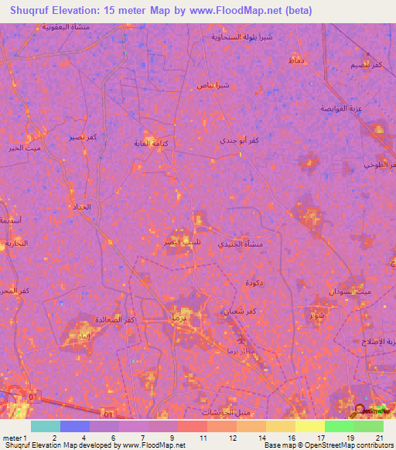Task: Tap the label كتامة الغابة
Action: tap(152, 143)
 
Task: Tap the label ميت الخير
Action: tap(22, 148)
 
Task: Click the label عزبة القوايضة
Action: tap(341, 108)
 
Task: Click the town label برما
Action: tap(179, 318)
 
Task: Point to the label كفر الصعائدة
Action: tap(120, 319)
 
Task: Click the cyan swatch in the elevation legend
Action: tap(45, 426)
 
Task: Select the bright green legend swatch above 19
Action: tap(339, 426)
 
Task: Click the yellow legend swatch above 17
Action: tap(309, 426)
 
